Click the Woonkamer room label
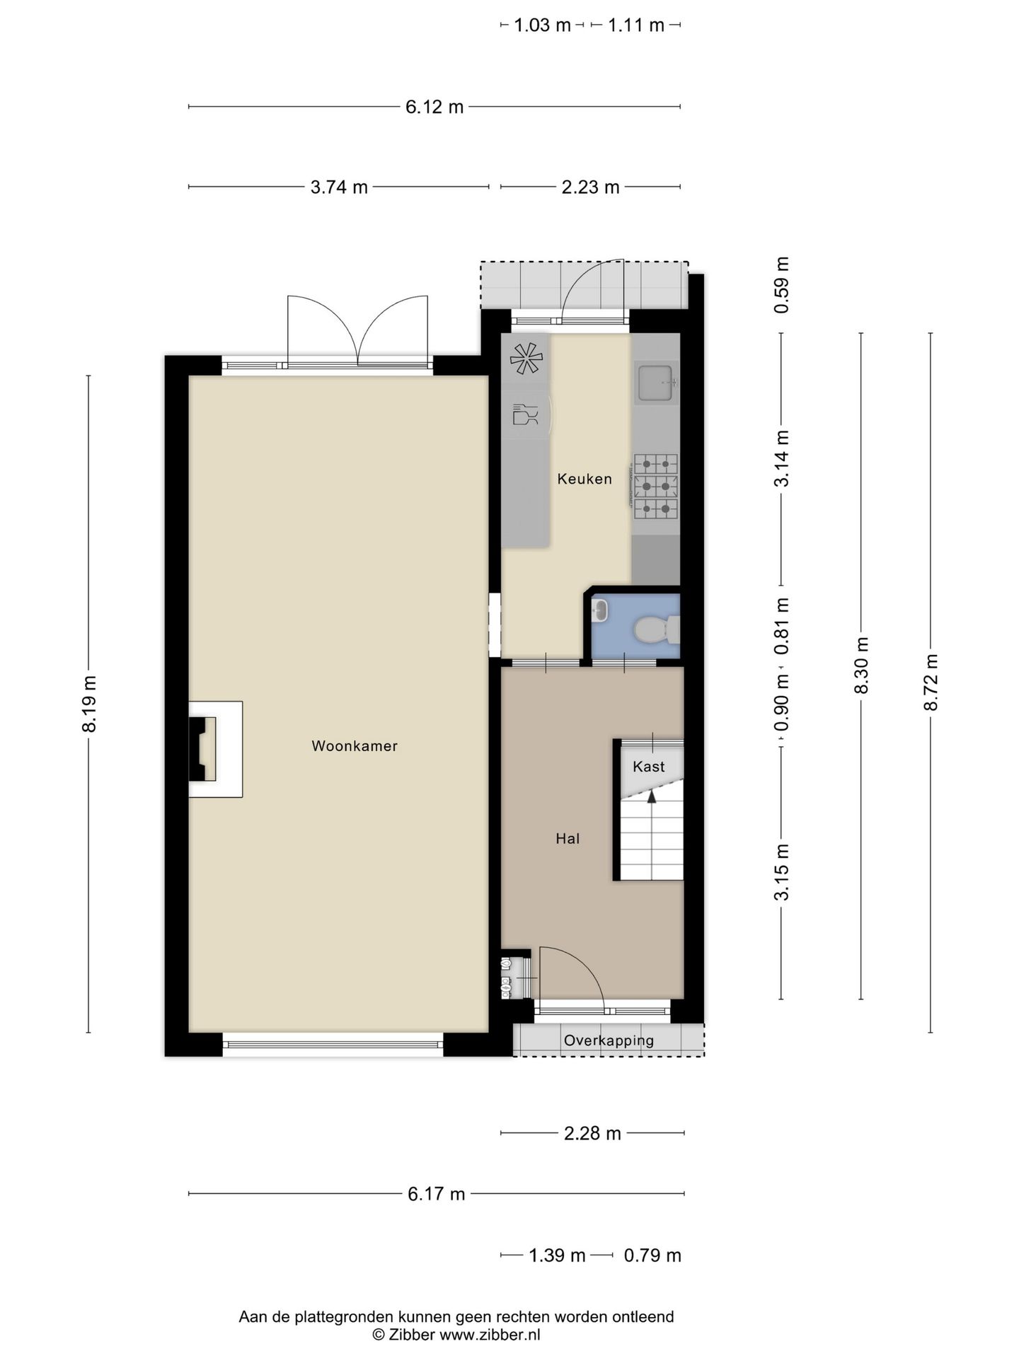coord(355,745)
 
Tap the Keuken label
coord(585,479)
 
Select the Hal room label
coord(568,838)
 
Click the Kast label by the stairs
coord(649,766)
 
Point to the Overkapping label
coord(609,1040)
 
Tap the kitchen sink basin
coord(655,383)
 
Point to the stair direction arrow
coord(651,797)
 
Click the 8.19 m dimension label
coord(88,704)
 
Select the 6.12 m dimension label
coord(434,107)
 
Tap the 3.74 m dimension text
coord(339,187)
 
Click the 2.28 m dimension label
coord(592,1134)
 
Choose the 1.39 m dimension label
coord(558,1255)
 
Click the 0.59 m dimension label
coord(781,285)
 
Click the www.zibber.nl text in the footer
coord(490,1335)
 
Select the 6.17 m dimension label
coord(437,1194)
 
